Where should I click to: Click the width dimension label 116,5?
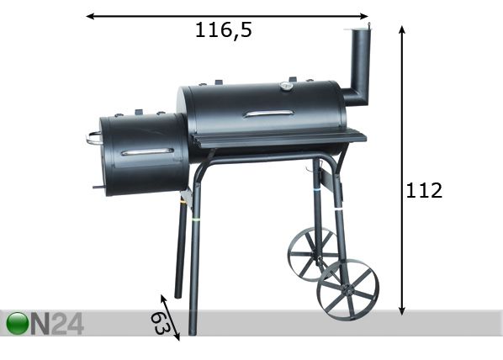pyautogui.click(x=224, y=31)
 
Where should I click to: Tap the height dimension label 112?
pyautogui.click(x=424, y=191)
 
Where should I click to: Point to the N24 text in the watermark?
pyautogui.click(x=56, y=324)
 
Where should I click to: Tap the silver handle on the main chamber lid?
pyautogui.click(x=268, y=114)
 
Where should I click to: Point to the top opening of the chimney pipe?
pyautogui.click(x=357, y=29)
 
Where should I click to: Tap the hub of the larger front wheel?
pyautogui.click(x=347, y=289)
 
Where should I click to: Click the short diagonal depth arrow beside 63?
pyautogui.click(x=171, y=318)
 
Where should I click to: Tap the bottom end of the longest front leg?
pyautogui.click(x=193, y=331)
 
